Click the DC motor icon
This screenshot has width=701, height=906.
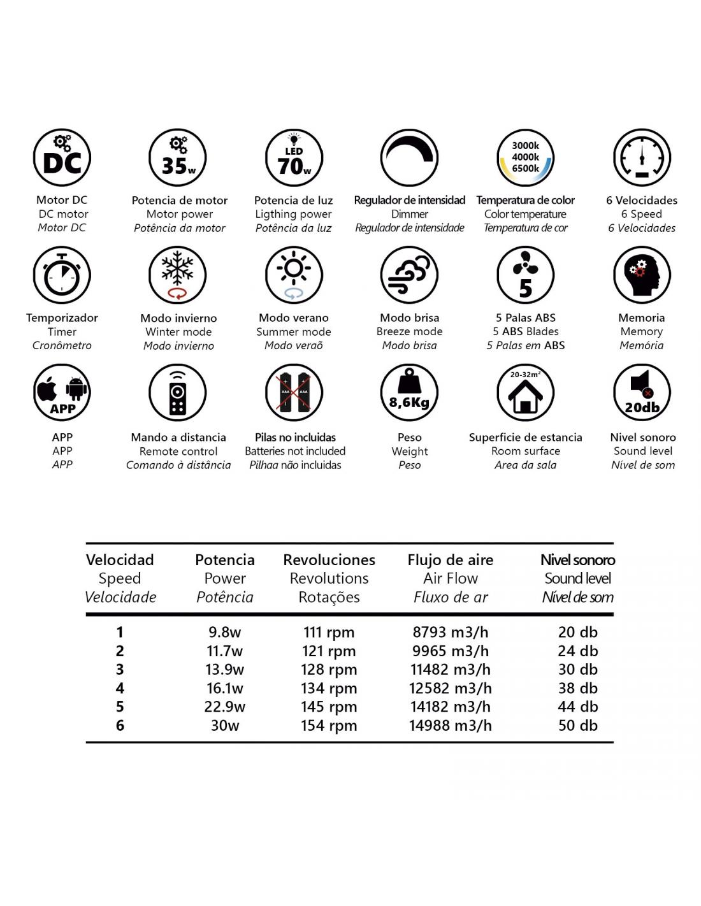click(x=62, y=158)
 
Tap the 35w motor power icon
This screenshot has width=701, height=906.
click(x=178, y=158)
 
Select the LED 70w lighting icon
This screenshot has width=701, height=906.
click(x=294, y=158)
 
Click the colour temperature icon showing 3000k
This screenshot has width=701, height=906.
click(x=525, y=158)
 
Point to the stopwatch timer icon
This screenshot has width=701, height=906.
click(x=62, y=275)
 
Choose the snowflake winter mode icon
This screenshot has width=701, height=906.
click(x=178, y=275)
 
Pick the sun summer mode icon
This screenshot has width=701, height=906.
click(x=294, y=275)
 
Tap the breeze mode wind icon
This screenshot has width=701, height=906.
click(x=409, y=275)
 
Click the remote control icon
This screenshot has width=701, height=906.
click(x=178, y=392)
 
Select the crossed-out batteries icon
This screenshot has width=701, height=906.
click(x=294, y=392)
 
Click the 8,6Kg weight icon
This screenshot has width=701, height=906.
click(x=409, y=392)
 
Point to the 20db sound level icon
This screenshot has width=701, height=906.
click(x=642, y=392)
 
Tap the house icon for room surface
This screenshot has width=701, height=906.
click(x=525, y=392)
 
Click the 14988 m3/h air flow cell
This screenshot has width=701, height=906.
click(x=451, y=726)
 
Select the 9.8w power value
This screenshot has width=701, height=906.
click(x=225, y=633)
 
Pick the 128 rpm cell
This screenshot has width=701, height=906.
click(x=329, y=670)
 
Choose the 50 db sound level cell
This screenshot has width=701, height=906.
click(x=578, y=726)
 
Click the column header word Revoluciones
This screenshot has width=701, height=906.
click(x=329, y=560)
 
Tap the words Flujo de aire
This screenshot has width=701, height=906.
click(x=451, y=560)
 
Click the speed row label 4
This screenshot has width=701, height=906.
click(x=120, y=688)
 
